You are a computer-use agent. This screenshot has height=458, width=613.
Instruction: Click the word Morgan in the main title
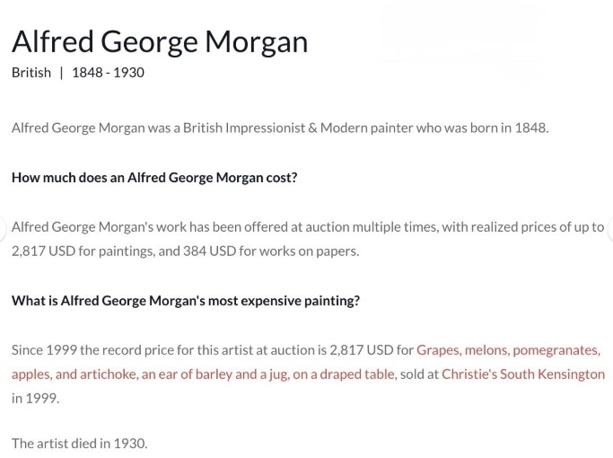257,42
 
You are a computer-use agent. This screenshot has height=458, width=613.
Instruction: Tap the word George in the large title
149,42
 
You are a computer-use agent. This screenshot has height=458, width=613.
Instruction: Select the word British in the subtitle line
31,73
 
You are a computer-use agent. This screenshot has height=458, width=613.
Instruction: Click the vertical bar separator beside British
61,73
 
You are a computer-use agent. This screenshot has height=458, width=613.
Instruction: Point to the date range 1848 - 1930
108,73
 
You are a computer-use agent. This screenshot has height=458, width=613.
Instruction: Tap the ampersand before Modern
312,128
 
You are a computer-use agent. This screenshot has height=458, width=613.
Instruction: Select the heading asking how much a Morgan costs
154,178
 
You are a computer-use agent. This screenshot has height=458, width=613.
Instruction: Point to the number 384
195,251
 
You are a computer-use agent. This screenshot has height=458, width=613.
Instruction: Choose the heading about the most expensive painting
186,301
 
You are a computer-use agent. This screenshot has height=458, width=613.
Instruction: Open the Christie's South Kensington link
523,374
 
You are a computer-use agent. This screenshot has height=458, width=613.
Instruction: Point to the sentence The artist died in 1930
79,444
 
